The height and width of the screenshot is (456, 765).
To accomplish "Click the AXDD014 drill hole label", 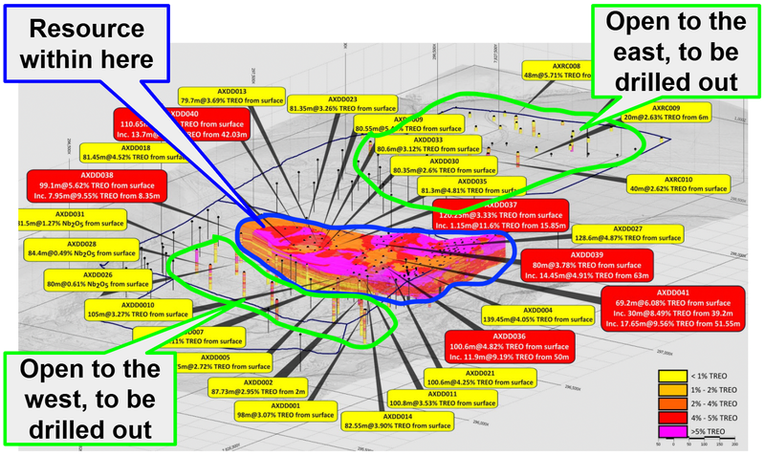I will coord(399,422).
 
